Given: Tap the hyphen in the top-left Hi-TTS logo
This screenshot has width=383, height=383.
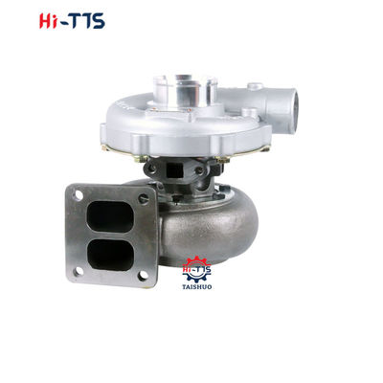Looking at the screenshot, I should (x=43, y=21).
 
